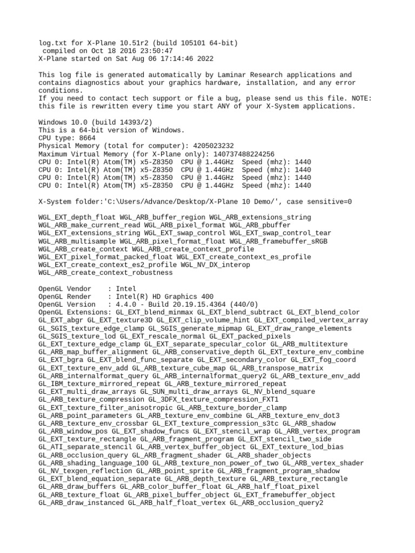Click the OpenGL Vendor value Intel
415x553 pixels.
click(126, 289)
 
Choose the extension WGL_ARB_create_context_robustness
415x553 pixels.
click(105, 273)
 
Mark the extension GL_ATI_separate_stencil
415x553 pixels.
click(85, 447)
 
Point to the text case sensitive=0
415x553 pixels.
click(319, 201)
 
